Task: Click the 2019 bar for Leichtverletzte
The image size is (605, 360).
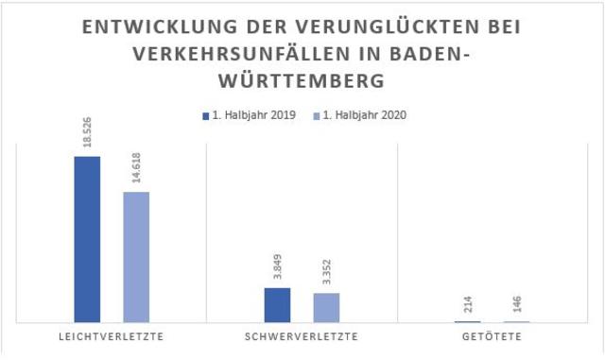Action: click(x=87, y=239)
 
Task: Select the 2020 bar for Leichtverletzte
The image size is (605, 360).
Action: click(x=136, y=257)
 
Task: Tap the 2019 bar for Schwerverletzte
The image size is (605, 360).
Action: click(x=277, y=304)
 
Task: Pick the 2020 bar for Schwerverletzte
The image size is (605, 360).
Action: click(x=326, y=307)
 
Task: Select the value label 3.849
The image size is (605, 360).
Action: click(x=277, y=269)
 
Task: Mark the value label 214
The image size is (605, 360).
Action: click(x=466, y=306)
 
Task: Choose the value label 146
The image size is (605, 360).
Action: click(x=516, y=307)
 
